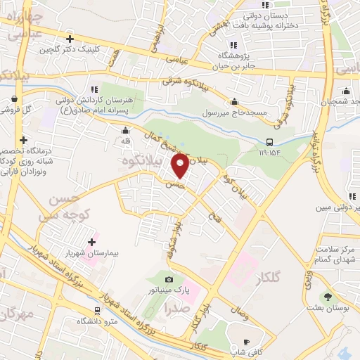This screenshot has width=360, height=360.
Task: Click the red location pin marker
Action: pos(181,166)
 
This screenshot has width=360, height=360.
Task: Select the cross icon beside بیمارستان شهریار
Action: pos(92,242)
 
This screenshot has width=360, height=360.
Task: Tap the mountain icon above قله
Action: pos(125,129)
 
